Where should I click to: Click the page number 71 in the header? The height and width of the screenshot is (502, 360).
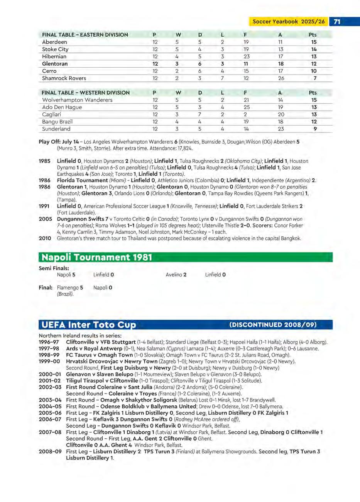(337, 22)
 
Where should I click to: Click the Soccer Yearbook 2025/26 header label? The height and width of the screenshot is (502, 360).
(289, 22)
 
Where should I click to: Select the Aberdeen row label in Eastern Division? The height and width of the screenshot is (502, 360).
(54, 42)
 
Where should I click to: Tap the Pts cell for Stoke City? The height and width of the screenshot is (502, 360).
(314, 49)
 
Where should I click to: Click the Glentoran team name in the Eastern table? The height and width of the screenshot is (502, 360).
(55, 64)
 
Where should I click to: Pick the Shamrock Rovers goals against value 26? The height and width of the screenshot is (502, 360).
(281, 78)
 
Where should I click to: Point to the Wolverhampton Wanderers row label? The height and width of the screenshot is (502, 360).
(77, 100)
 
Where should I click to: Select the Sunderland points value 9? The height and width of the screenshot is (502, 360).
(315, 129)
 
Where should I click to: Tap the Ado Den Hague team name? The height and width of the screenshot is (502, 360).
(62, 107)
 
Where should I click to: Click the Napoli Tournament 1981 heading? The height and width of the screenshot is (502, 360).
(96, 257)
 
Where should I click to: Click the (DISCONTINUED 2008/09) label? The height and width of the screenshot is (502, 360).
(273, 325)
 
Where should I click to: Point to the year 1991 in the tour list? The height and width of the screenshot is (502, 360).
(44, 206)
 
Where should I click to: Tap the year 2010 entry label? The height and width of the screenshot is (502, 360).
(45, 238)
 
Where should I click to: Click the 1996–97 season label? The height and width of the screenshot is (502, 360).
(49, 342)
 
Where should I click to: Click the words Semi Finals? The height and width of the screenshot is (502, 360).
(54, 268)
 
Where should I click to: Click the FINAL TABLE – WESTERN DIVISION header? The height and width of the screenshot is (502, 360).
(86, 93)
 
